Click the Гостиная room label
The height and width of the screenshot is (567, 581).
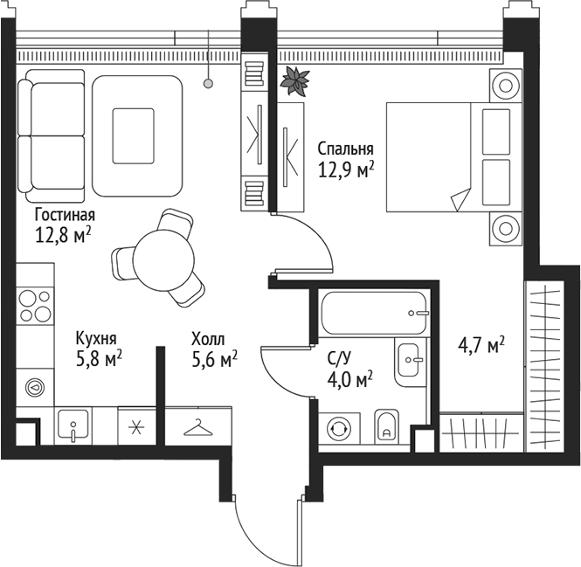tap(65, 214)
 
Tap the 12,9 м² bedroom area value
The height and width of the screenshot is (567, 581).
tap(346, 169)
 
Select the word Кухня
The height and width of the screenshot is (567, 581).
tap(96, 338)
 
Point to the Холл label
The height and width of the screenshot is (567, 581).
tap(208, 338)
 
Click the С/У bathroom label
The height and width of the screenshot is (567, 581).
tap(341, 357)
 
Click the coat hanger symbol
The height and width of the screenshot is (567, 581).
tap(199, 427)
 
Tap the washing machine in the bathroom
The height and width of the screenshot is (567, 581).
tap(337, 428)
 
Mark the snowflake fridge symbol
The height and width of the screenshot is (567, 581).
tap(135, 427)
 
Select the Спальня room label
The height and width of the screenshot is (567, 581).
tap(346, 149)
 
